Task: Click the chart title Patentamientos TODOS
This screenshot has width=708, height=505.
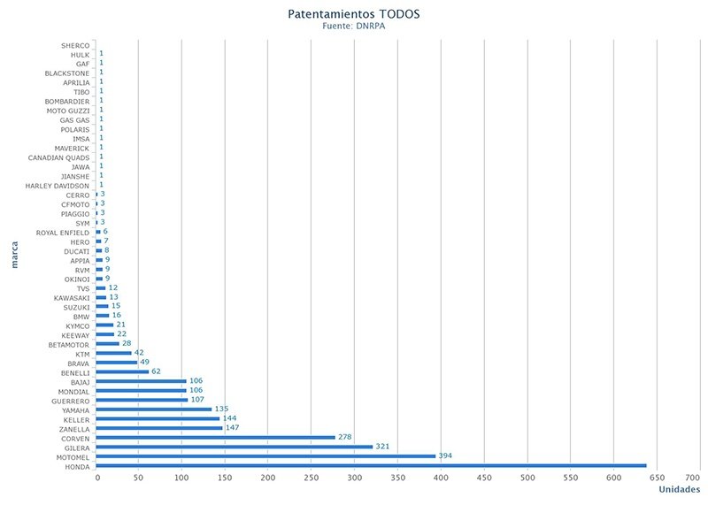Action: (353, 14)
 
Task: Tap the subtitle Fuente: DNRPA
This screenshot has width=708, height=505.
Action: (353, 27)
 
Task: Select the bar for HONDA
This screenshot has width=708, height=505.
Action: (371, 465)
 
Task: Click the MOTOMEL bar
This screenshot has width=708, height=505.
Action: (265, 456)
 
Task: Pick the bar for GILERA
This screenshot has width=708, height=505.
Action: (234, 447)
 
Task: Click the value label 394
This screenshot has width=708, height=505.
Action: (446, 455)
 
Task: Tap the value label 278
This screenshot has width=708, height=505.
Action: (346, 437)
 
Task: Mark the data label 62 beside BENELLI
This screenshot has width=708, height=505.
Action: (157, 371)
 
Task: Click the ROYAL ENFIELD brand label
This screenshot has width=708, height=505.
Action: (62, 233)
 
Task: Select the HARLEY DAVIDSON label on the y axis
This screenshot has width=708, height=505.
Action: (58, 186)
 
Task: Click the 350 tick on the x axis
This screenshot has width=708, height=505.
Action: (354, 478)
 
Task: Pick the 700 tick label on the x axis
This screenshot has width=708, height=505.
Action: (655, 478)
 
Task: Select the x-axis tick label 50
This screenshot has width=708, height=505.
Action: (138, 478)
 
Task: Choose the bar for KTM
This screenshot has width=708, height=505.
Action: (113, 353)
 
